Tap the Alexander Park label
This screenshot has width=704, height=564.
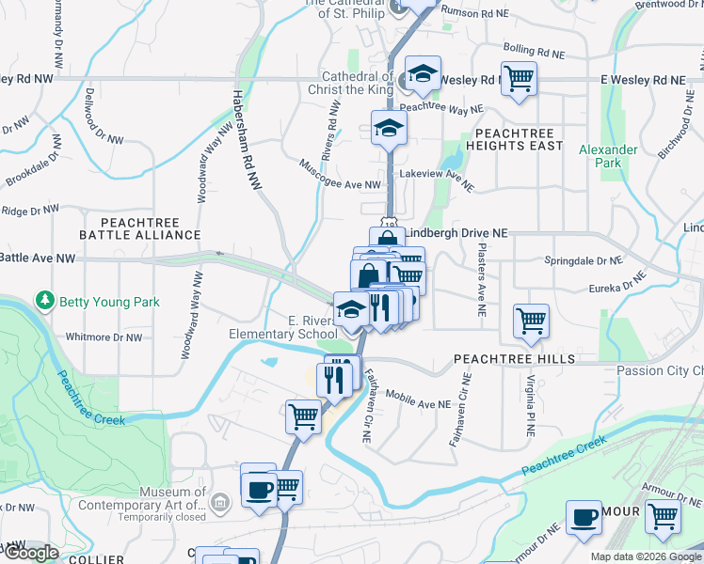(x=600, y=156)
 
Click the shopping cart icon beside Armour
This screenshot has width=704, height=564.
(x=664, y=516)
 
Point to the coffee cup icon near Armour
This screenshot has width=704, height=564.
(x=584, y=516)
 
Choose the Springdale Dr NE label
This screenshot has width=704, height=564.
(x=584, y=260)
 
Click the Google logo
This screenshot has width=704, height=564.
(x=31, y=553)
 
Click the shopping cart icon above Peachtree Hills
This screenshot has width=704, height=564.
(x=531, y=321)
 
